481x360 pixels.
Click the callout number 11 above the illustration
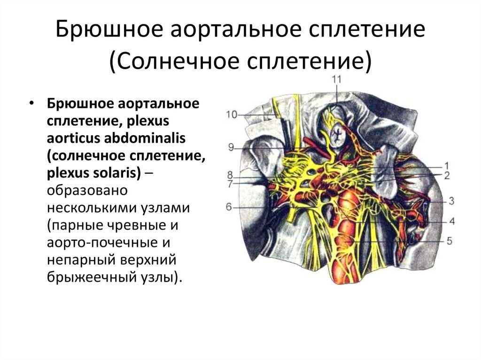pyautogui.click(x=336, y=79)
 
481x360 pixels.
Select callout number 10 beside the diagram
pyautogui.click(x=232, y=115)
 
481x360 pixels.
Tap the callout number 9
pyautogui.click(x=231, y=147)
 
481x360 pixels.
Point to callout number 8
pyautogui.click(x=230, y=175)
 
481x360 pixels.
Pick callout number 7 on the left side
pyautogui.click(x=230, y=184)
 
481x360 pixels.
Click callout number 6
pyautogui.click(x=229, y=207)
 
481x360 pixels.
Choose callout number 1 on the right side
pyautogui.click(x=447, y=166)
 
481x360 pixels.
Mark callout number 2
pyautogui.click(x=447, y=176)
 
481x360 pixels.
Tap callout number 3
pyautogui.click(x=451, y=201)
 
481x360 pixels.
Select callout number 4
pyautogui.click(x=452, y=221)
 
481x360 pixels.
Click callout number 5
pyautogui.click(x=450, y=241)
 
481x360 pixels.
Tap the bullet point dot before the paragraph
pyautogui.click(x=31, y=104)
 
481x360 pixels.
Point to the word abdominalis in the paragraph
pyautogui.click(x=145, y=138)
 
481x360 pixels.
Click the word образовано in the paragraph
pyautogui.click(x=87, y=191)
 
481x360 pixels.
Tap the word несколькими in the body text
pyautogui.click(x=91, y=208)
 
